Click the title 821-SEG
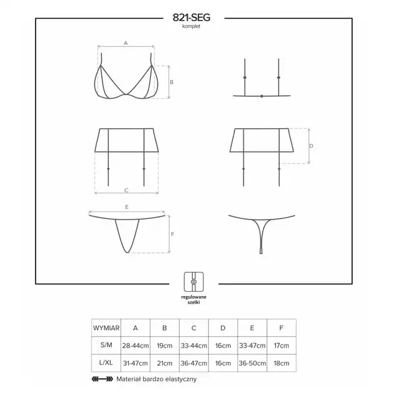(192, 17)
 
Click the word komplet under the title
(191, 26)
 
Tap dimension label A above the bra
(126, 43)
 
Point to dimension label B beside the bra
(172, 82)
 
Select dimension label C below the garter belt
(126, 190)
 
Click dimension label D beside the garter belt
(311, 146)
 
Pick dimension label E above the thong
(127, 207)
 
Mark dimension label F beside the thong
(173, 234)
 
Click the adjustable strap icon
(194, 282)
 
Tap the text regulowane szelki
(193, 300)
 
